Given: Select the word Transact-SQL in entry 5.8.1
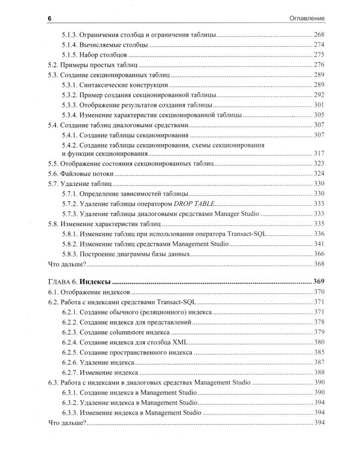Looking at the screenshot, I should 245,233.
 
